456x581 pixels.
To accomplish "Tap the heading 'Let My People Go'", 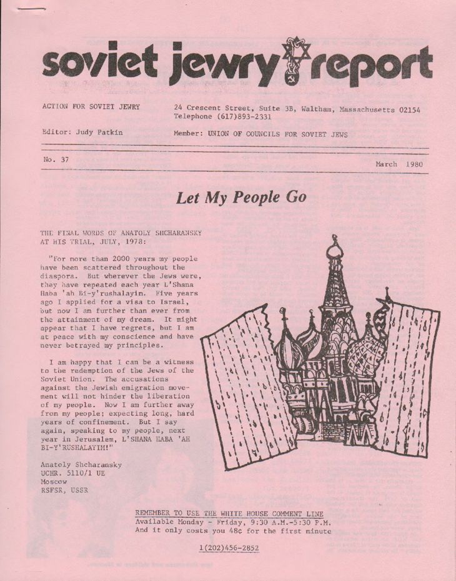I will click(x=241, y=198).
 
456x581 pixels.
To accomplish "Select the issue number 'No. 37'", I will click(x=56, y=159).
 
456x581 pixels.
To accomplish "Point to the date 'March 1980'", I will click(x=400, y=164).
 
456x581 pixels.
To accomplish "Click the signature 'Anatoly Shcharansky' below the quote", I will click(x=81, y=465).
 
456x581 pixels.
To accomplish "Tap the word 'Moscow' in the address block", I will click(x=53, y=482).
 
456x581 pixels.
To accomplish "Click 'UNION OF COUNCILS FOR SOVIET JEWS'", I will click(x=279, y=134).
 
